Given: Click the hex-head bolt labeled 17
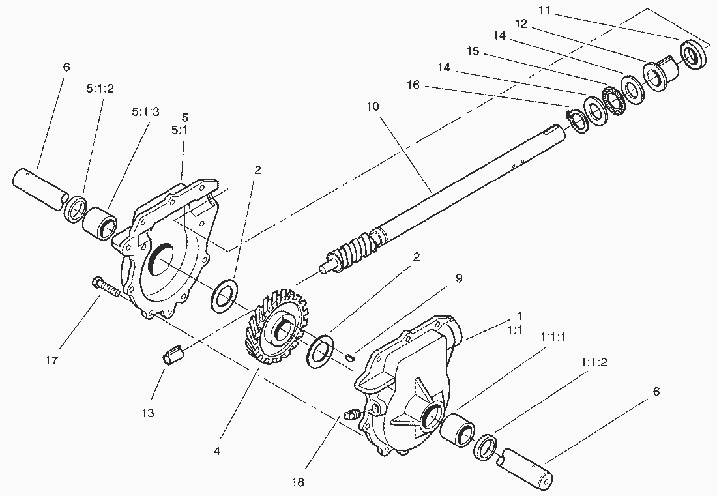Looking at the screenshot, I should [108, 288].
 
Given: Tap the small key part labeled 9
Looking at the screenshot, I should [351, 356].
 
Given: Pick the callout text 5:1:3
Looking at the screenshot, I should [145, 111].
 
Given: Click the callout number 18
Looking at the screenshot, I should [299, 482].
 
